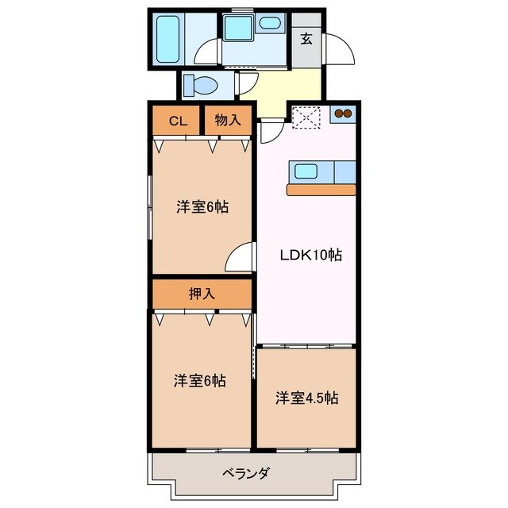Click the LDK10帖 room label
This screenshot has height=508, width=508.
(310, 256)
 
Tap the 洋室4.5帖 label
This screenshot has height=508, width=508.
(307, 398)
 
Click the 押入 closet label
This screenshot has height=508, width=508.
(202, 294)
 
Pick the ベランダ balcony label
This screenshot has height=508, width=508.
(246, 474)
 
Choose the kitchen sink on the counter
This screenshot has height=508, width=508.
(306, 170)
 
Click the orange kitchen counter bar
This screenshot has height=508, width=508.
(321, 189)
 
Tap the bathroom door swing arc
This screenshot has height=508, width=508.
(208, 51)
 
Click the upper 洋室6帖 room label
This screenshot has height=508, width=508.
(202, 207)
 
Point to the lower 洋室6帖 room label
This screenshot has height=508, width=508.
(200, 381)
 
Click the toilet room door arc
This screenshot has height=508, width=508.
(248, 84)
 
